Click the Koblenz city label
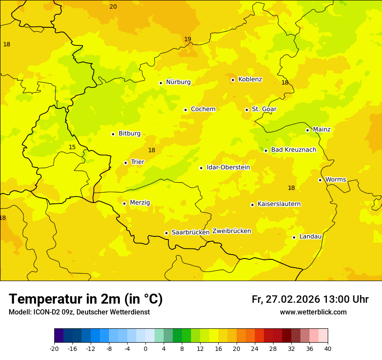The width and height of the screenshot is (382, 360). pos(250,79)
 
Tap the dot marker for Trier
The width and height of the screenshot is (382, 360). pos(126,163)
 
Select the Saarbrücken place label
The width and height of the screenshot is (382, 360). pos(191,232)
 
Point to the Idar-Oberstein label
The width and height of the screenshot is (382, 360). pos(228,167)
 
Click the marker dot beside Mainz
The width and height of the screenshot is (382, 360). pos(307,130)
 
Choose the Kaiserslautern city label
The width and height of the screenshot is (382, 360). pos(279,204)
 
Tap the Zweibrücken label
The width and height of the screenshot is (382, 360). pos(231,231)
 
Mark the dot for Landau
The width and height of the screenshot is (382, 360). pos(294,237)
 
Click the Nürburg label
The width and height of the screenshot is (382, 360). pos(178,82)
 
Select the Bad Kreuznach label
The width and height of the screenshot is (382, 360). pos(293,150)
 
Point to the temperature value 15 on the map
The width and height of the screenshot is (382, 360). pos(72,147)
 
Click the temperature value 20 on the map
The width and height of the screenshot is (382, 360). pos(113,7)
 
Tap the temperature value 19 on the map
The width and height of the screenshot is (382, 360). pos(188,39)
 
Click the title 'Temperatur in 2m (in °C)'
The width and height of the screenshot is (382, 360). pos(86,299)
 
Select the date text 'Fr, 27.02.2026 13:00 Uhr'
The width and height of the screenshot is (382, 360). pos(310,299)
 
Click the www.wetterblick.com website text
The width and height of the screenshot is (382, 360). pos(313,312)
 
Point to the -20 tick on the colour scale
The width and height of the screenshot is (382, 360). pos(54,349)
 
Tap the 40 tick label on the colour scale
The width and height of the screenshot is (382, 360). pos(328,349)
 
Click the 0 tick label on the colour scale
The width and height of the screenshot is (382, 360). pos(145,349)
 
